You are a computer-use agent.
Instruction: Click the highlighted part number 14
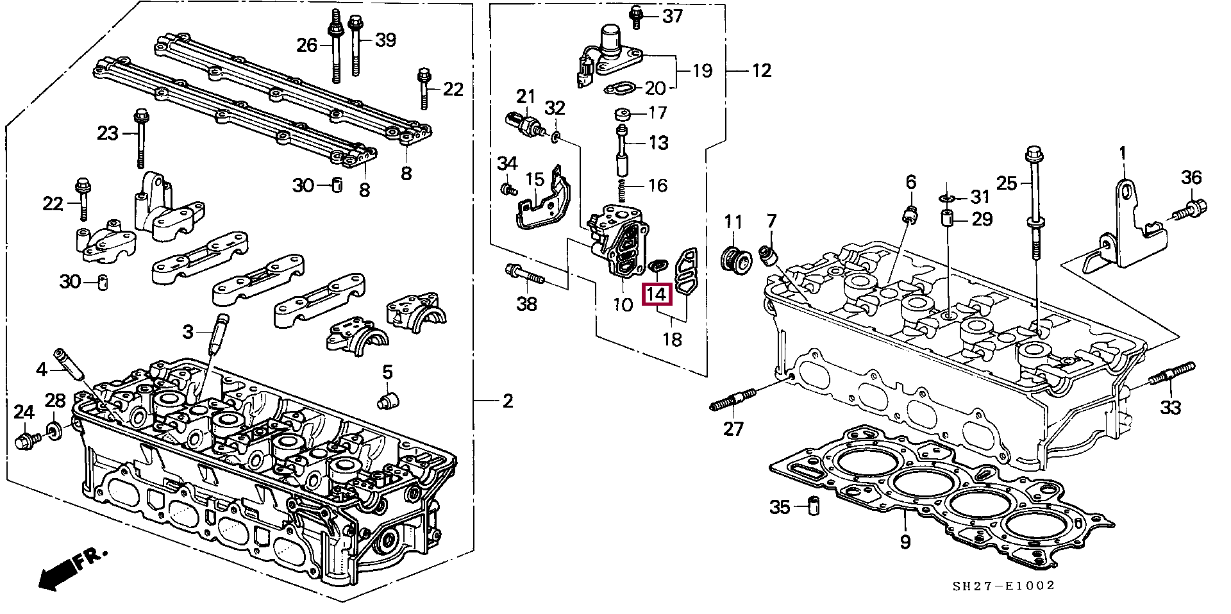(x=657, y=295)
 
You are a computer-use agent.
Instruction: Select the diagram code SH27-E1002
(x=1003, y=586)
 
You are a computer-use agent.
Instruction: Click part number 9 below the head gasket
(x=905, y=542)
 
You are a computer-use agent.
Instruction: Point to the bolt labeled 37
(x=637, y=17)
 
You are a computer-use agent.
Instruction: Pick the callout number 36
(x=1191, y=178)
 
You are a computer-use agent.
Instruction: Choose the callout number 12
(x=761, y=70)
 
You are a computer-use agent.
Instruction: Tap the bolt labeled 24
(x=26, y=440)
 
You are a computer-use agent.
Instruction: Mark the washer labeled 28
(x=55, y=430)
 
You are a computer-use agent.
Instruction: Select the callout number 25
(x=1007, y=184)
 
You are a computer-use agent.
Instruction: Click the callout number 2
(x=507, y=401)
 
